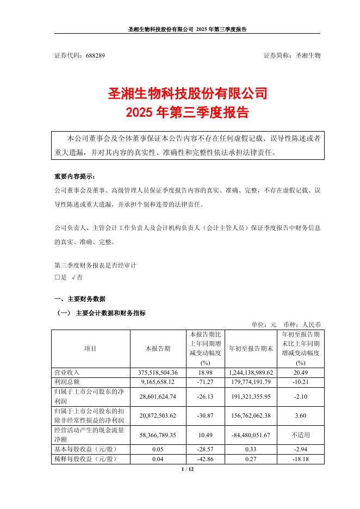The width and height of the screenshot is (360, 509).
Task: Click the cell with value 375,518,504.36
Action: pos(158,372)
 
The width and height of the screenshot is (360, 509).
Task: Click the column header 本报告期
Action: pos(158,349)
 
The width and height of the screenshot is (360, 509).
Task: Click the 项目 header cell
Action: pos(90,349)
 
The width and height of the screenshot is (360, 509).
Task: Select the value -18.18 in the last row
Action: pos(301,458)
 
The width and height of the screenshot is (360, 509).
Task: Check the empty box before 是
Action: pos(57,277)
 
